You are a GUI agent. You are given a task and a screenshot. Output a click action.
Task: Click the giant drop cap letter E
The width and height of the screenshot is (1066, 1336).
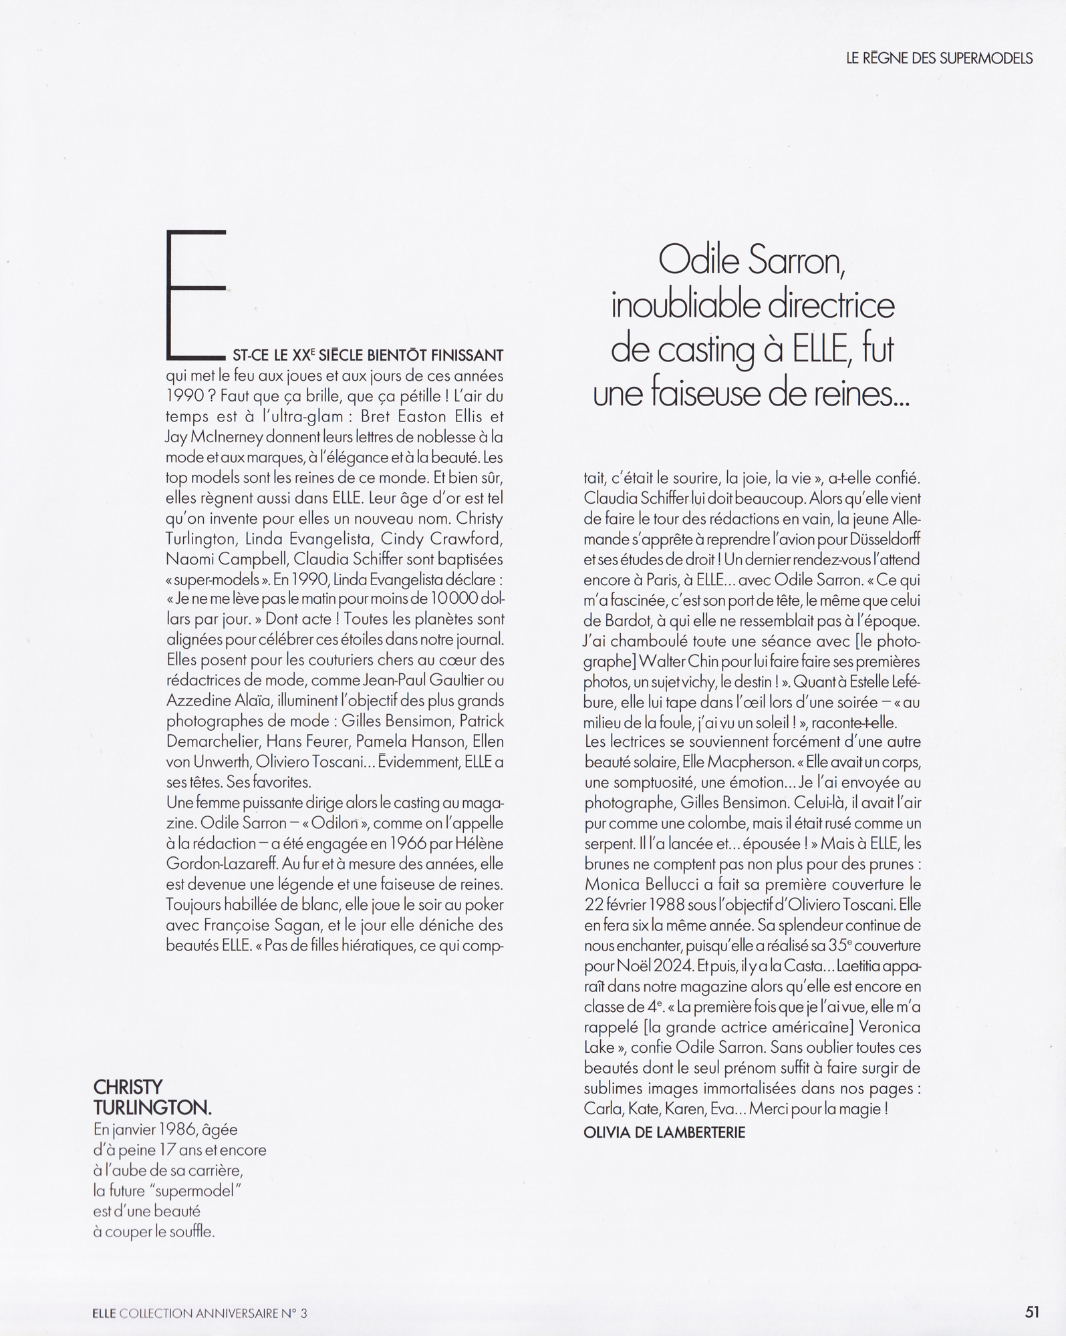[196, 294]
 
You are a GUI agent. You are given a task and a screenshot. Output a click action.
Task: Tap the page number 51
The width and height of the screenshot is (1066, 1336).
[1032, 1312]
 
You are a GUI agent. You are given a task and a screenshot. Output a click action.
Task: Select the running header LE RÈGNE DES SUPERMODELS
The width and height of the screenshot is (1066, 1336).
[939, 59]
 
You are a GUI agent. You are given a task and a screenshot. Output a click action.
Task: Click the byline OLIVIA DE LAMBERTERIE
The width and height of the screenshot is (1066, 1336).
[664, 1132]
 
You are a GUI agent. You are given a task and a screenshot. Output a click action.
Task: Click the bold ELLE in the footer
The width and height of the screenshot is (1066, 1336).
[104, 1313]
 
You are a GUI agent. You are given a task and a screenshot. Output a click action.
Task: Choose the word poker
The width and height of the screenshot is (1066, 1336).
[485, 904]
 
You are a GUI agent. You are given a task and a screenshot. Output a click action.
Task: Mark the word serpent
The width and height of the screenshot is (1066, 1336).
[611, 843]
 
